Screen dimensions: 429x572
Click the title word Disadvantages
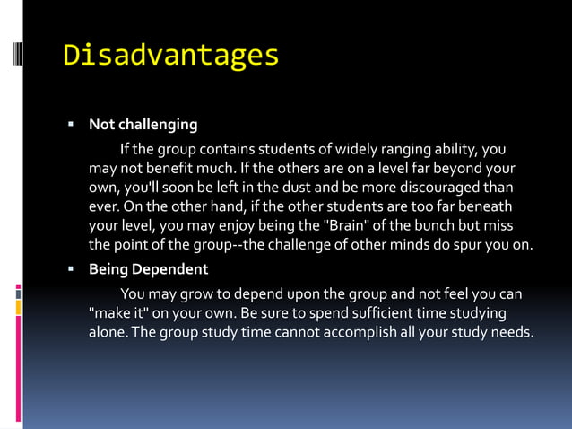tap(170, 56)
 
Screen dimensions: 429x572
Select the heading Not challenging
tap(143, 124)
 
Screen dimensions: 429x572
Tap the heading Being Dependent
tap(148, 269)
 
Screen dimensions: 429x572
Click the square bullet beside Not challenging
tap(69, 124)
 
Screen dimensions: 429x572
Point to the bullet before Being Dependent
tap(69, 269)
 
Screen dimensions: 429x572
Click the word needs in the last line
tap(510, 333)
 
